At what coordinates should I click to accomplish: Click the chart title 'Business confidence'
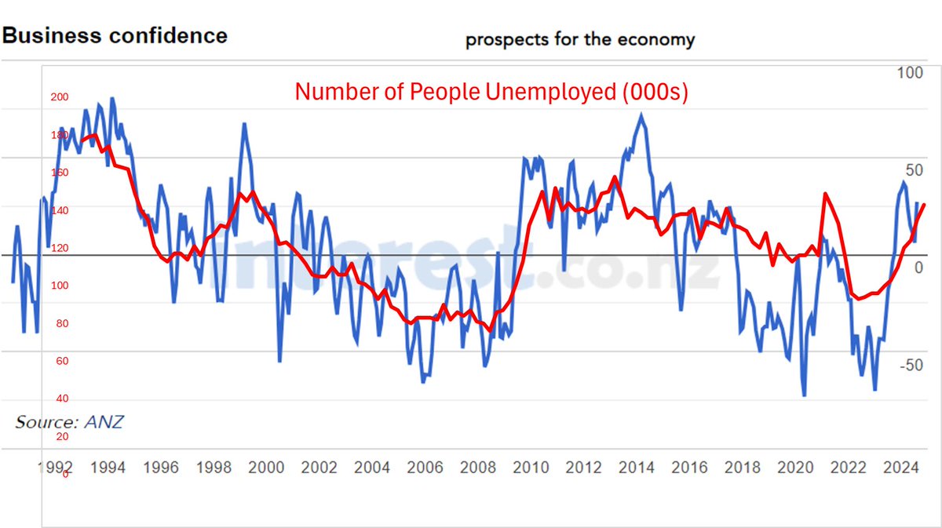click(115, 35)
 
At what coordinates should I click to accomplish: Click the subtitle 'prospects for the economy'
click(580, 40)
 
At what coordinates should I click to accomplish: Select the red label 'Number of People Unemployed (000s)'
click(491, 92)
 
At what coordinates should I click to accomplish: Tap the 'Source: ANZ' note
click(69, 422)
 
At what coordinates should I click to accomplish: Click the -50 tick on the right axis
click(911, 366)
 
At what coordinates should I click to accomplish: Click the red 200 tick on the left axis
click(60, 97)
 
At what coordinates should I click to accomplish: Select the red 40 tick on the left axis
click(60, 399)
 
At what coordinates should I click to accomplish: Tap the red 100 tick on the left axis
click(60, 286)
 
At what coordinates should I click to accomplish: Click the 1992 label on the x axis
click(56, 468)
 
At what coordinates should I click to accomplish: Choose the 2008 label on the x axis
click(478, 468)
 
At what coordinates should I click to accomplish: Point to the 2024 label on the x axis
click(901, 468)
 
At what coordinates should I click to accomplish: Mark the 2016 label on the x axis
click(689, 468)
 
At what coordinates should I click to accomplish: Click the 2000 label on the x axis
click(266, 468)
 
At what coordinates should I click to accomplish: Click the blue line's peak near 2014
click(642, 115)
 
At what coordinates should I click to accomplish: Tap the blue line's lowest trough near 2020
click(805, 395)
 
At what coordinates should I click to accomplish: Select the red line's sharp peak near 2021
click(825, 194)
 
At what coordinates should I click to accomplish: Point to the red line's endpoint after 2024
click(924, 205)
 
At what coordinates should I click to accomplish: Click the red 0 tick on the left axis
click(65, 474)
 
